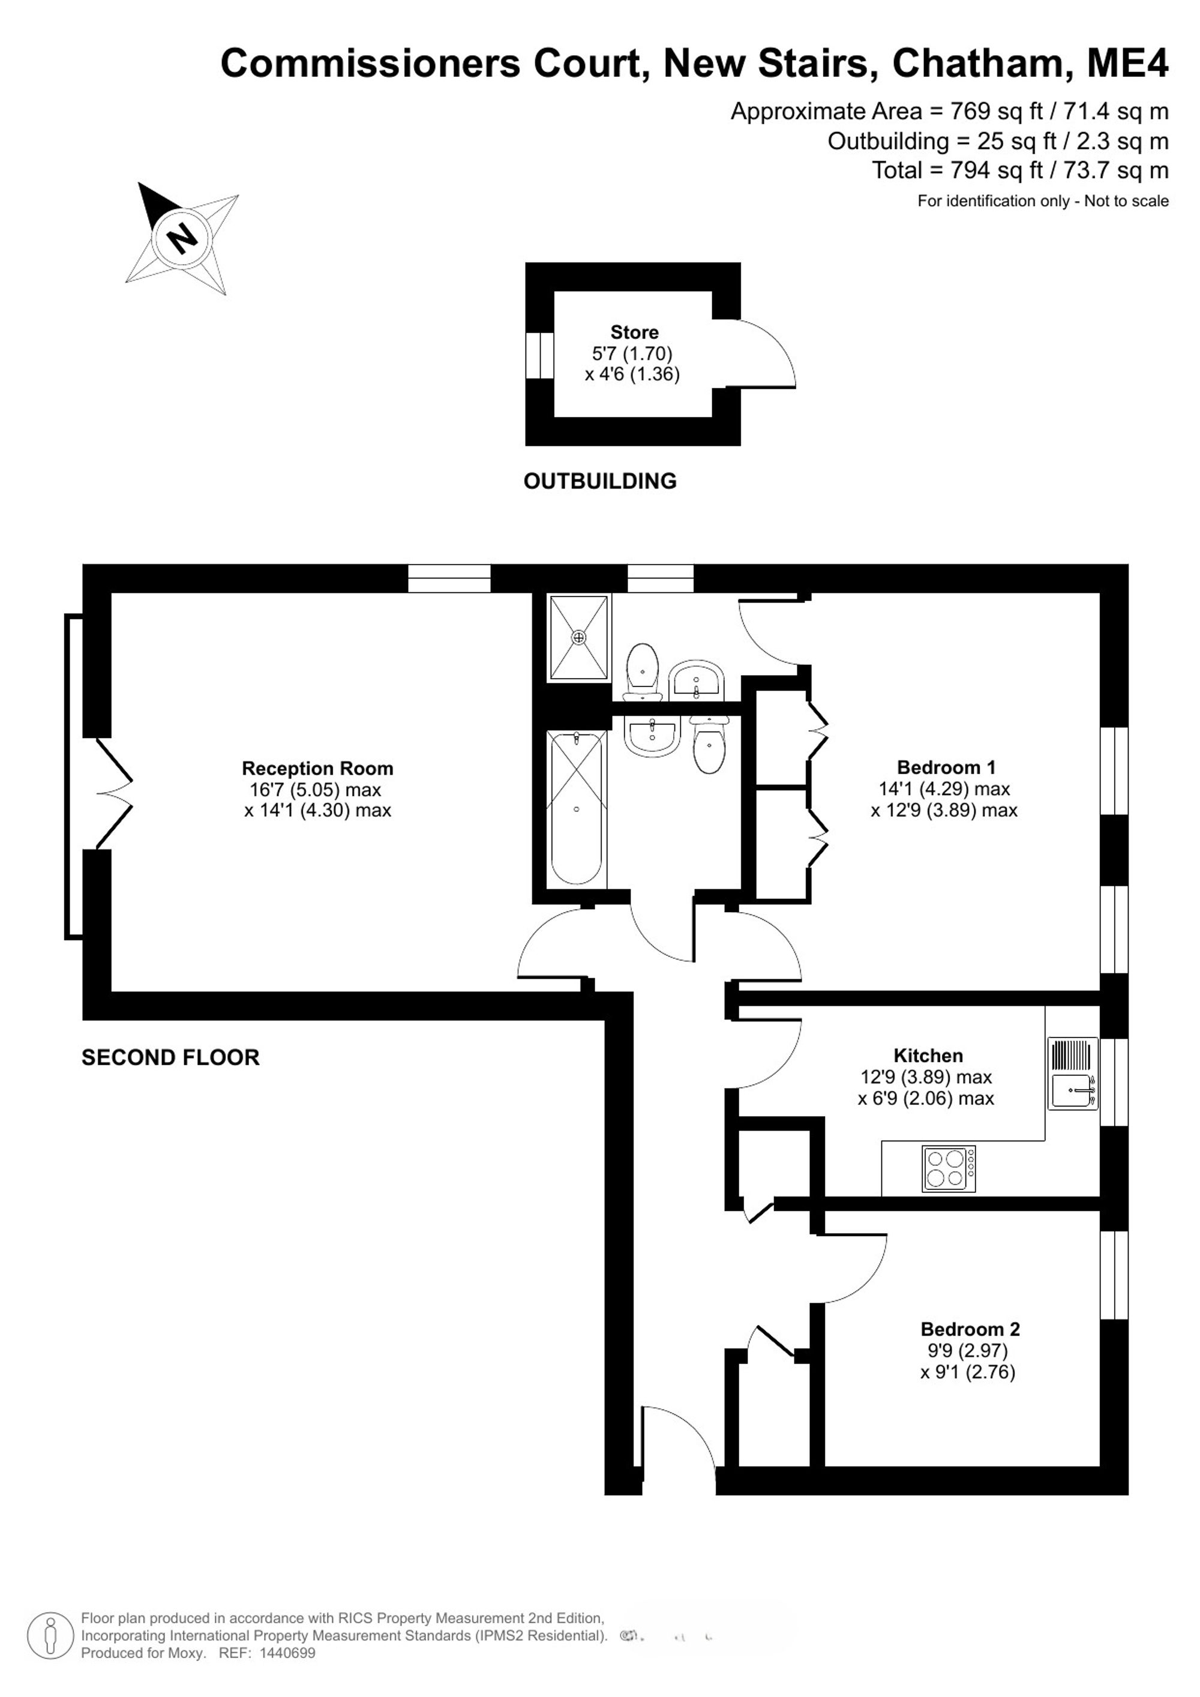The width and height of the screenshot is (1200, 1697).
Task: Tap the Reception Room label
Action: coord(318,769)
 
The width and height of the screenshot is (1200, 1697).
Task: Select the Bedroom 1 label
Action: coord(947,767)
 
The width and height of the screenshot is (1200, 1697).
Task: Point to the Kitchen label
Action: coord(928,1056)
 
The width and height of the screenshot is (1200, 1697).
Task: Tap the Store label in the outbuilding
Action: coord(634,332)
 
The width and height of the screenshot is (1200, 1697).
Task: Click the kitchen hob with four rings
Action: coord(949,1168)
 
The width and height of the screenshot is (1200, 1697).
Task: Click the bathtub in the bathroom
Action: coord(577,808)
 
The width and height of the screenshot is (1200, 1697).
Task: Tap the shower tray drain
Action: coord(578,637)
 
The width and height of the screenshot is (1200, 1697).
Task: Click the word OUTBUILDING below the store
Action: coord(600,481)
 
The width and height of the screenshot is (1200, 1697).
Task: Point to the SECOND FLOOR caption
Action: coord(170,1058)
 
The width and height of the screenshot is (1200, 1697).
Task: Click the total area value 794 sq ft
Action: coord(997,171)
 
